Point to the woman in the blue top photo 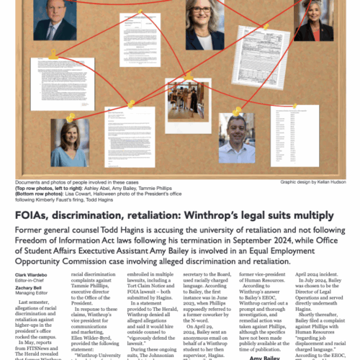click(66, 140)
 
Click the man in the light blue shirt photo click(236, 139)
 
